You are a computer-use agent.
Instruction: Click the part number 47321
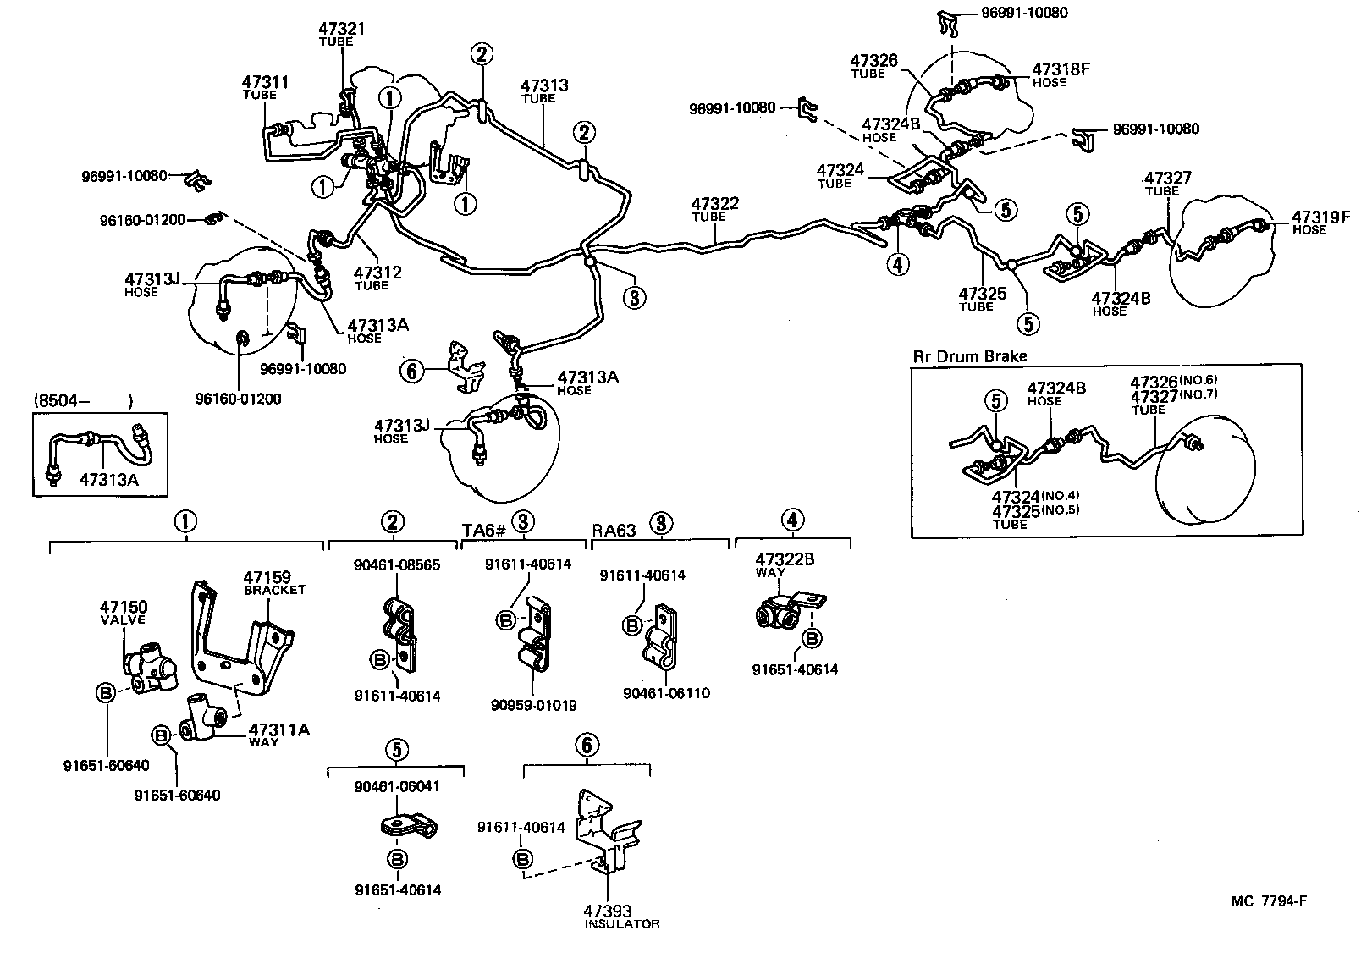[x=342, y=29]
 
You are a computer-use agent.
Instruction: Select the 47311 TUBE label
[x=265, y=87]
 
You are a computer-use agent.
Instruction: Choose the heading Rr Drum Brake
[x=969, y=356]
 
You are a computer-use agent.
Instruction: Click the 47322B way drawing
[x=782, y=617]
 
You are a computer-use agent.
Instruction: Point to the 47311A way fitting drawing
[x=206, y=718]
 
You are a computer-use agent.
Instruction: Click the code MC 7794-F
[x=1269, y=901]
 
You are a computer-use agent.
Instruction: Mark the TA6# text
[x=483, y=530]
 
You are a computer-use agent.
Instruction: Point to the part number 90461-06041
[x=396, y=785]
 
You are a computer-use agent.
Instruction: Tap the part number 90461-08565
[x=397, y=565]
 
